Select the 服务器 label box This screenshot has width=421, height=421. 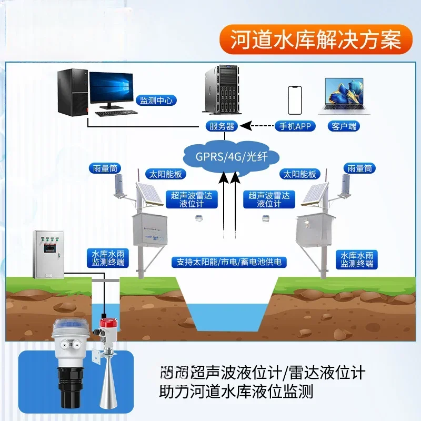[221, 126]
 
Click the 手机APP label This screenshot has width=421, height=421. [294, 126]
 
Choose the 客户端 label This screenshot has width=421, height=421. [345, 126]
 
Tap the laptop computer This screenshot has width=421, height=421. [344, 96]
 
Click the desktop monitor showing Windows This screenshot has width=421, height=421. [111, 89]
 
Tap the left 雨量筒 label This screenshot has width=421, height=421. [105, 168]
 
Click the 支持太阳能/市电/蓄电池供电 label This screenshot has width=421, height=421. [228, 262]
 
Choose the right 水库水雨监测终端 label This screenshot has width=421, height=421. [357, 258]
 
